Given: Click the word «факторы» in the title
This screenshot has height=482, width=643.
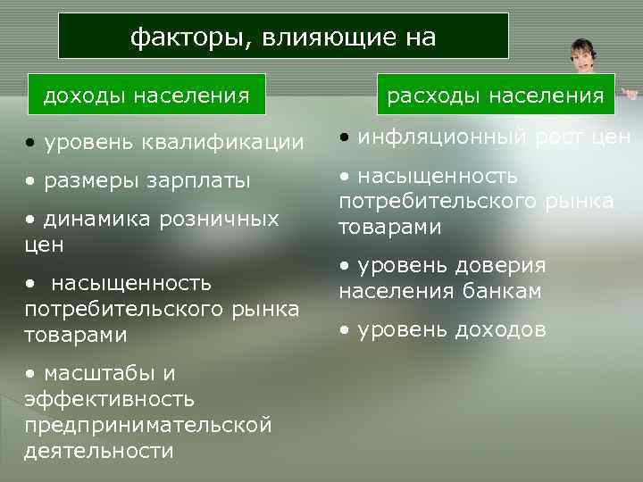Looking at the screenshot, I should point(182,37).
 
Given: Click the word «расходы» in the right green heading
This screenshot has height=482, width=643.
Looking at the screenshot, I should point(424,95).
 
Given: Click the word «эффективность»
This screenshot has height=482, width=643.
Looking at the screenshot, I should point(112,399).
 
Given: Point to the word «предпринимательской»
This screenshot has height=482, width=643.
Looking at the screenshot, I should point(147,425).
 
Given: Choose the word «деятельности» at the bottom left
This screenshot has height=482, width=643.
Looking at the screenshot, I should point(99,451).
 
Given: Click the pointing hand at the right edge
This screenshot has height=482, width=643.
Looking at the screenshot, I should point(630,93).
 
